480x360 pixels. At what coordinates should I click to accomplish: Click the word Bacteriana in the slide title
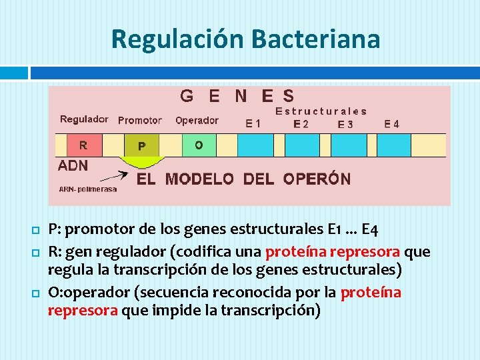pos(316,39)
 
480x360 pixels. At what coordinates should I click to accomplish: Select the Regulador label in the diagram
pos(84,119)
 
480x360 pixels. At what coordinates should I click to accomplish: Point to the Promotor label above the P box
pos(139,121)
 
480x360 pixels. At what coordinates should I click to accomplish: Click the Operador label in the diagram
pos(197,121)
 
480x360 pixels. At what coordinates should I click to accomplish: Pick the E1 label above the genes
pos(253,123)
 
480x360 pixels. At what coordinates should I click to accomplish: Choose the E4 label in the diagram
pos(392,123)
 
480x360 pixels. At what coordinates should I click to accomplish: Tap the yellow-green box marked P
pos(142,145)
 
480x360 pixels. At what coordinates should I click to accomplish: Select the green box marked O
pos(199,145)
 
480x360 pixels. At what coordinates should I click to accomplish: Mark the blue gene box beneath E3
pos(353,145)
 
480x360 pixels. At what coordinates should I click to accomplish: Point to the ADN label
pos(73,165)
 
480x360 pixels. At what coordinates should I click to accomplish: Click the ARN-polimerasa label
pos(88,189)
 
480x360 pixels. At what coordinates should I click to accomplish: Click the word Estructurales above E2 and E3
pos(321,111)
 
